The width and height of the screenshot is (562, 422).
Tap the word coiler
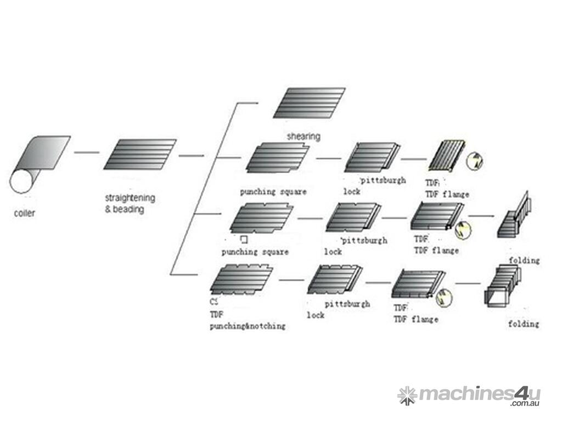coord(24,213)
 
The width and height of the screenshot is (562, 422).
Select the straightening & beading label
coord(130,203)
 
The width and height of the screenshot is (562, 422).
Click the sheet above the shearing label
coord(309,103)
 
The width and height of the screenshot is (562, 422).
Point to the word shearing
coord(304,136)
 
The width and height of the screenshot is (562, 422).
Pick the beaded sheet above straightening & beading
coord(140,154)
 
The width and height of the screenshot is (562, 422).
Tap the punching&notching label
coord(247,326)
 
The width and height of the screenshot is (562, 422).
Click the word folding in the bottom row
coord(523,324)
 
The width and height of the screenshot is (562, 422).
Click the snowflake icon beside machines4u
coord(407,395)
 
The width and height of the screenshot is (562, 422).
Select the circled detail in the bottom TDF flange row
coord(444,297)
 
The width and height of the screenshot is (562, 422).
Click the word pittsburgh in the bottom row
coord(347,303)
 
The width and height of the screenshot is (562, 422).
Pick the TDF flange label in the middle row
coord(436,251)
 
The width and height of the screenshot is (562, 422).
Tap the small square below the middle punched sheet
coord(244,240)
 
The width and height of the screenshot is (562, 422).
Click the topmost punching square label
coord(273,192)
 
